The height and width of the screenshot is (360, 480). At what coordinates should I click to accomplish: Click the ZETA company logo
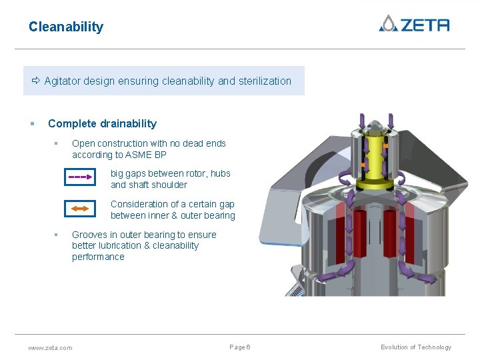pos(414,24)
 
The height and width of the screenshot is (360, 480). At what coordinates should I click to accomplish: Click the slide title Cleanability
pos(66,27)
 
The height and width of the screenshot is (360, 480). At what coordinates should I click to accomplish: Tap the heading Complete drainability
pos(102,123)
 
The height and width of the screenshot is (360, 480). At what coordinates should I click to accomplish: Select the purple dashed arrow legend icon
pos(80,177)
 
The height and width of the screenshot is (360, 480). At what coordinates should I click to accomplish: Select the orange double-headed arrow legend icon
pos(80,209)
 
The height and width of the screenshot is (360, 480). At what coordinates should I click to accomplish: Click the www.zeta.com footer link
pos(50,347)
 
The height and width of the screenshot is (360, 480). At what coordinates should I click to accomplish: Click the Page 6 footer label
pos(240,347)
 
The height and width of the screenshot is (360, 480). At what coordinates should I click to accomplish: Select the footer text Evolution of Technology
pos(416,347)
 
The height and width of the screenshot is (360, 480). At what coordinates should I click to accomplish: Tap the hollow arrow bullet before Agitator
pos(36,81)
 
